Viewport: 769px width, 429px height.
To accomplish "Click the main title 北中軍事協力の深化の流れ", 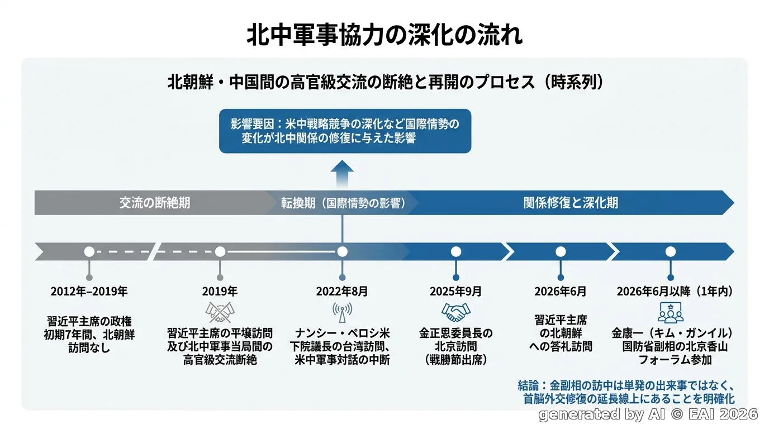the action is click(x=385, y=35).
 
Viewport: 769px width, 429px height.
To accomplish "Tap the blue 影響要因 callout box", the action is click(x=345, y=131).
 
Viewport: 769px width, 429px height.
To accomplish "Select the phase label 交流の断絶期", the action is click(x=155, y=203).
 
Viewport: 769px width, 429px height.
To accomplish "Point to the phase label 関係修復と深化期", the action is click(x=571, y=203).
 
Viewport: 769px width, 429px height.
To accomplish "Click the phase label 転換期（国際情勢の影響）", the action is click(x=343, y=203).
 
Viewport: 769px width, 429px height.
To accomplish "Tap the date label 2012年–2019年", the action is click(x=89, y=292).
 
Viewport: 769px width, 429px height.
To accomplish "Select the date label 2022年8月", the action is click(x=342, y=292).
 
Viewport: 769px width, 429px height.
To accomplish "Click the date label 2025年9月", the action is click(x=455, y=292).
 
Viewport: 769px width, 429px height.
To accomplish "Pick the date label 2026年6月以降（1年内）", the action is click(x=675, y=292).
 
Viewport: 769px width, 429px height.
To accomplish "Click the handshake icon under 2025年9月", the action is click(x=455, y=312).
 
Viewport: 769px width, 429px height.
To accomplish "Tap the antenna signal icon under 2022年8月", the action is click(x=342, y=312).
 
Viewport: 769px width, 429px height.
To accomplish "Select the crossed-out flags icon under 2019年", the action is click(x=220, y=312).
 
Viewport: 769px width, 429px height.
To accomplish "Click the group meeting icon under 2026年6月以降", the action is click(x=671, y=313).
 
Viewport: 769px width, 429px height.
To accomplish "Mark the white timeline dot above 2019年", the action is click(x=220, y=252).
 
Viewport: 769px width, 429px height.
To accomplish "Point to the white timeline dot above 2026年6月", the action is click(x=561, y=252).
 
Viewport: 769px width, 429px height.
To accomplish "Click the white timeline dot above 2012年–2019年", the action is click(x=89, y=252).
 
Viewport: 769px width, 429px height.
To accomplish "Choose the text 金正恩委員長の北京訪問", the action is click(x=456, y=340).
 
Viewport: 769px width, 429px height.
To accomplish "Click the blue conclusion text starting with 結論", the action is click(x=626, y=392).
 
